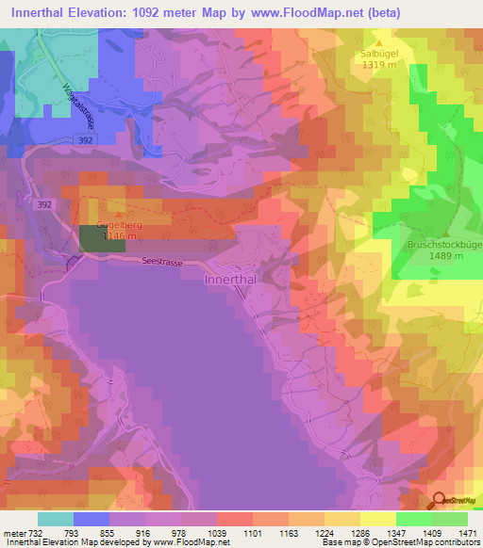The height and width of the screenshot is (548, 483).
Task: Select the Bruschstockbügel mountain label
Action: (x=444, y=244)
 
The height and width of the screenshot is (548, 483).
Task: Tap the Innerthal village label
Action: (x=231, y=280)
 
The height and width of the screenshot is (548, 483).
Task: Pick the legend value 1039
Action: (x=217, y=532)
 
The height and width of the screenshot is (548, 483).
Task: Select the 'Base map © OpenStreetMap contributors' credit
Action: (x=399, y=542)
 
